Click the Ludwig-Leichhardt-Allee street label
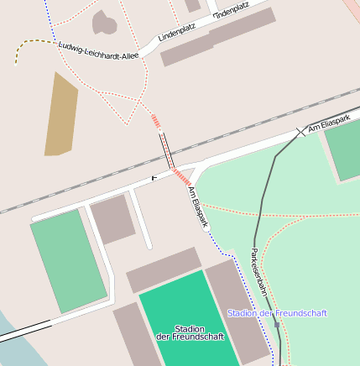coord(98,50)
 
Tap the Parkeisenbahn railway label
coord(258,270)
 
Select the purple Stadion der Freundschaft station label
coord(277,313)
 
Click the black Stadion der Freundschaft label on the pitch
coord(190,332)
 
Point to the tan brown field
coord(61,113)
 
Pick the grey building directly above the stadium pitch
coord(164,269)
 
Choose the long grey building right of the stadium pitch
coord(237,311)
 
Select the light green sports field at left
coord(69,261)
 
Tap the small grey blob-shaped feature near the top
coord(104,23)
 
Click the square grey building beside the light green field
coord(112,219)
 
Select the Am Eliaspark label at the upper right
coord(327,126)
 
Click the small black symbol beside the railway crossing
coord(154,177)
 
